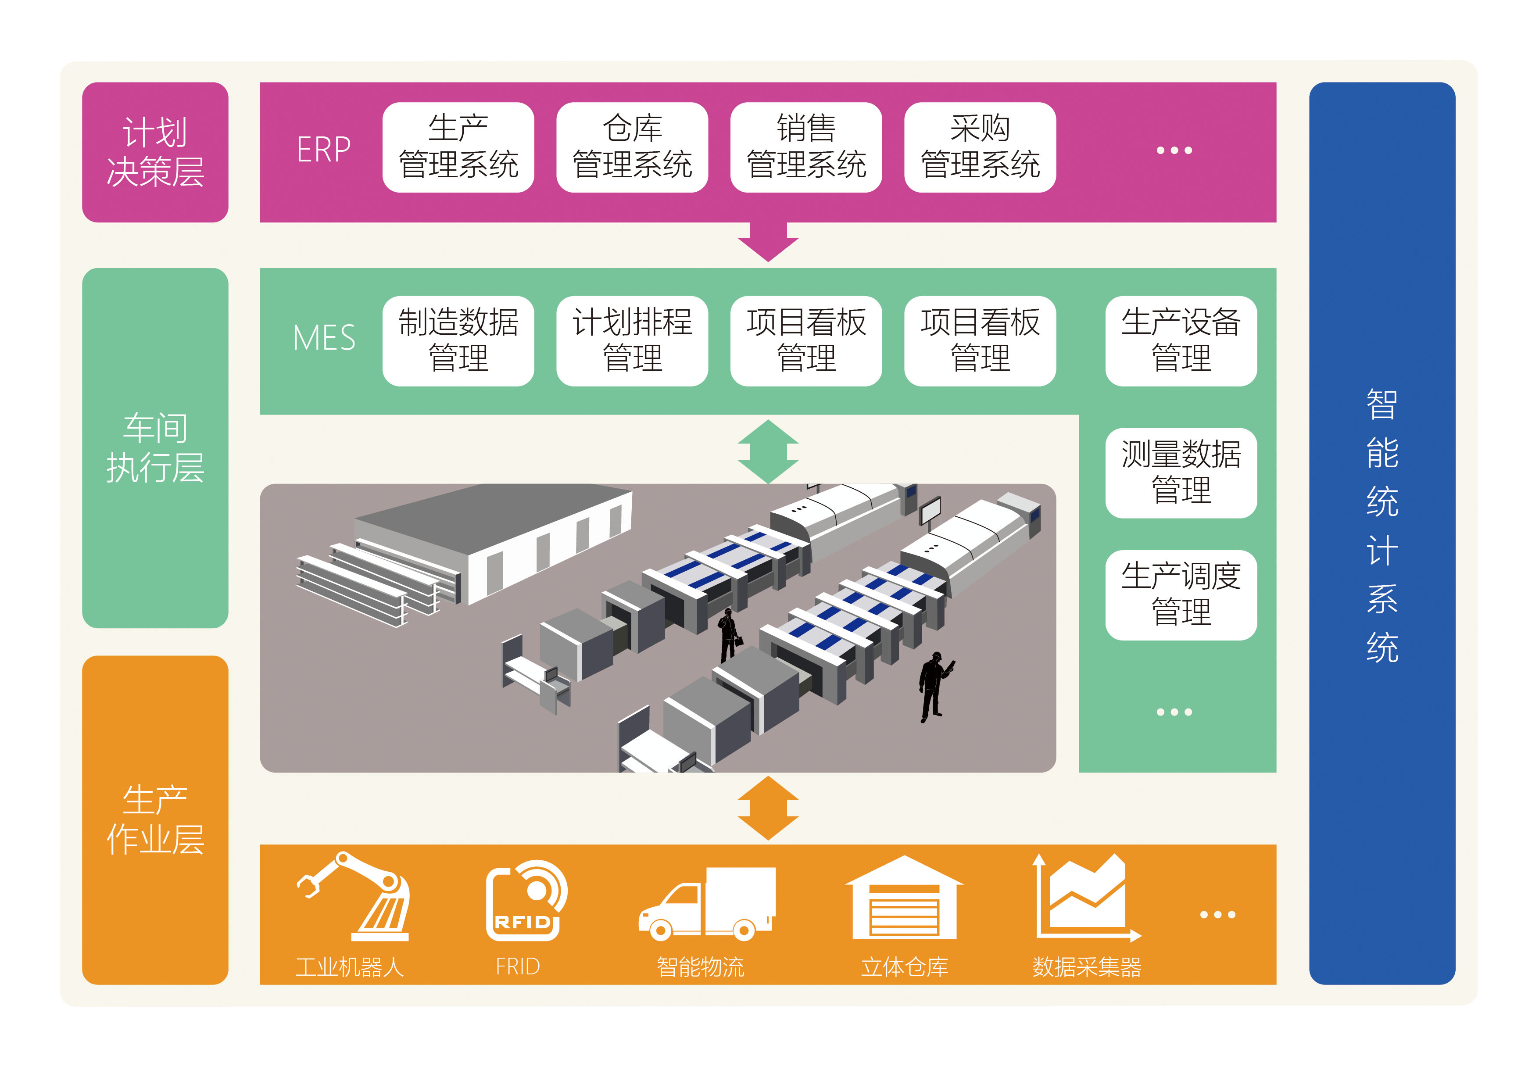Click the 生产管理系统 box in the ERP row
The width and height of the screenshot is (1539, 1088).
coord(458,147)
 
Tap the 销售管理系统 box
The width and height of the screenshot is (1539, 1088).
coord(806,147)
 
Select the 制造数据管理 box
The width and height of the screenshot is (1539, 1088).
coord(458,340)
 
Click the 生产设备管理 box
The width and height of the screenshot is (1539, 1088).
coord(1181,340)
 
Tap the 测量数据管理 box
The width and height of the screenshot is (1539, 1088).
coord(1181,472)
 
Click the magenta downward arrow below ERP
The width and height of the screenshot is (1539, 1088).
coord(768,241)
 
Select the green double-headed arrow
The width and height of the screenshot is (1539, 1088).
coord(768,451)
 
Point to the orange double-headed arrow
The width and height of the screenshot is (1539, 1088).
coord(768,808)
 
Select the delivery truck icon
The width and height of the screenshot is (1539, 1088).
coord(707,904)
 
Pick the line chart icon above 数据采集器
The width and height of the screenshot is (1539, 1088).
coord(1086,898)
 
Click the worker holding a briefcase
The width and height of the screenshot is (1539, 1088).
coord(729,634)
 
